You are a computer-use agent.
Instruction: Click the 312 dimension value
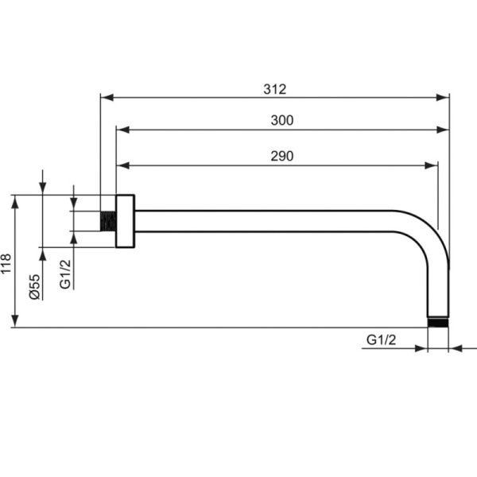(x=275, y=89)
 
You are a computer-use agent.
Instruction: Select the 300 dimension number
(x=282, y=120)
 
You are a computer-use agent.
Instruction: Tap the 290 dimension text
(x=282, y=156)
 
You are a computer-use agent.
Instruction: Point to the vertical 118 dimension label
(x=6, y=263)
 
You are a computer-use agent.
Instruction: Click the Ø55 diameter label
(x=35, y=287)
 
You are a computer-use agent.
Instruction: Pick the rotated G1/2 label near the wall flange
(x=65, y=273)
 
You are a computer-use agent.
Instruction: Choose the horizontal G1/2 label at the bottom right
(x=381, y=339)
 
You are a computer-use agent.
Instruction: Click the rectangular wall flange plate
(x=125, y=221)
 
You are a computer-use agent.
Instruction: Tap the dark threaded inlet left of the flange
(x=108, y=221)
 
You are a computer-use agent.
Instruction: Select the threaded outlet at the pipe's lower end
(x=438, y=323)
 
